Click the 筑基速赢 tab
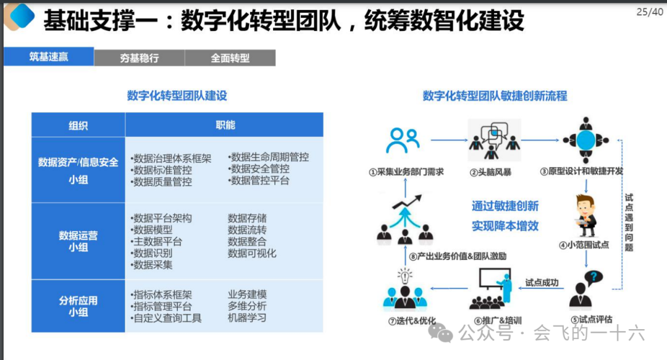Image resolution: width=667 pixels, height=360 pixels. coord(49,57)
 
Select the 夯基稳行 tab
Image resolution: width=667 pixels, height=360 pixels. coord(139,57)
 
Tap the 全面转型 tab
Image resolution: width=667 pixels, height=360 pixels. coord(230,57)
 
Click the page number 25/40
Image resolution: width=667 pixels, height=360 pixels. coord(650,12)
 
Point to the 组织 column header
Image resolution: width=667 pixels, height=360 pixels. coord(78,125)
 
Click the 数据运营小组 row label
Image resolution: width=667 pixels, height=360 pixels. coord(78,241)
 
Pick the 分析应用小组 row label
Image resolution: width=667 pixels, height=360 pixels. coord(78,306)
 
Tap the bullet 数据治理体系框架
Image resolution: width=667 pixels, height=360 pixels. coord(171,158)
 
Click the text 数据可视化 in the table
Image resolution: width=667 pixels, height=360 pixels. coord(252,253)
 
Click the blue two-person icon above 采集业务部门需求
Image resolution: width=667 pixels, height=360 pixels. coord(403,141)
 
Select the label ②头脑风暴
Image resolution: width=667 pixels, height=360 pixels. coord(490,171)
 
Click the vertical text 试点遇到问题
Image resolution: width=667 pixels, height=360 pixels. coord(629,222)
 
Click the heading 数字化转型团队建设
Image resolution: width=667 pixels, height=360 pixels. coord(177,96)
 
